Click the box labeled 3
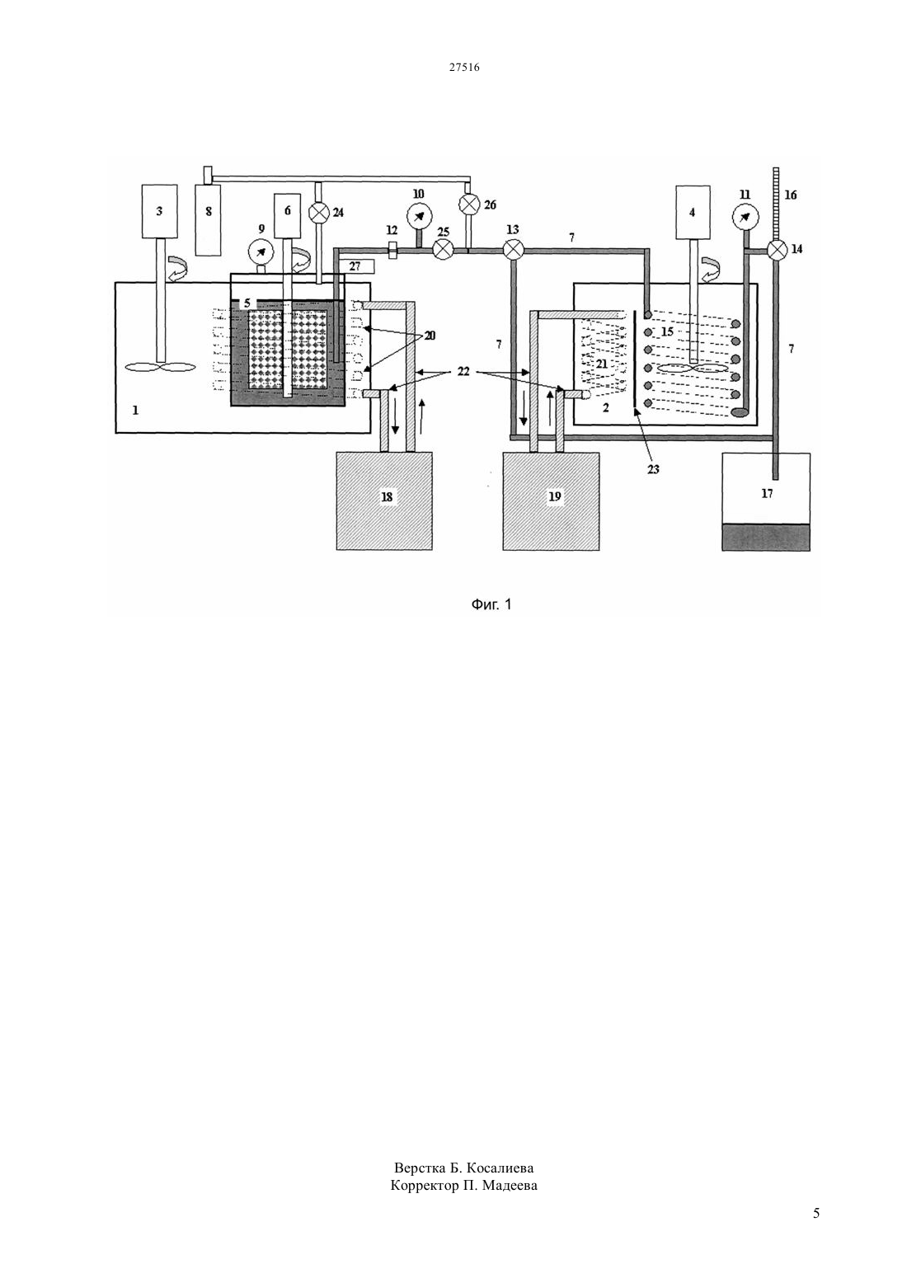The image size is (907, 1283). (x=159, y=211)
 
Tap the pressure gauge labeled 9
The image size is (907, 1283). (x=261, y=252)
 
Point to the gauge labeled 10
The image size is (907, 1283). (x=419, y=217)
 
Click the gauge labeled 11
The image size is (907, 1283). (x=745, y=217)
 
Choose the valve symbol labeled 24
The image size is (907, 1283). (x=318, y=213)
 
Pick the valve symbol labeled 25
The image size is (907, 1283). (x=443, y=249)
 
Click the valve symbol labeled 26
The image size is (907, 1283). (x=469, y=204)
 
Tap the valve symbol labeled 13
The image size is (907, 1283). (x=513, y=250)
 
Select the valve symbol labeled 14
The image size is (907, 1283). (x=777, y=250)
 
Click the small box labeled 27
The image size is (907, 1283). (x=355, y=266)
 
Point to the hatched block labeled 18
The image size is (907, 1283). (x=383, y=501)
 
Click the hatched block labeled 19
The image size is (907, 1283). (x=551, y=501)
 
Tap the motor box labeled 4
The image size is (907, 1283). (x=693, y=212)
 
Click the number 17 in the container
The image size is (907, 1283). (x=767, y=493)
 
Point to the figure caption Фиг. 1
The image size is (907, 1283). (x=491, y=604)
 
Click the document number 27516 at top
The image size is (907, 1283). (x=464, y=67)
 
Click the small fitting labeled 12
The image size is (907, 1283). (x=392, y=250)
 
